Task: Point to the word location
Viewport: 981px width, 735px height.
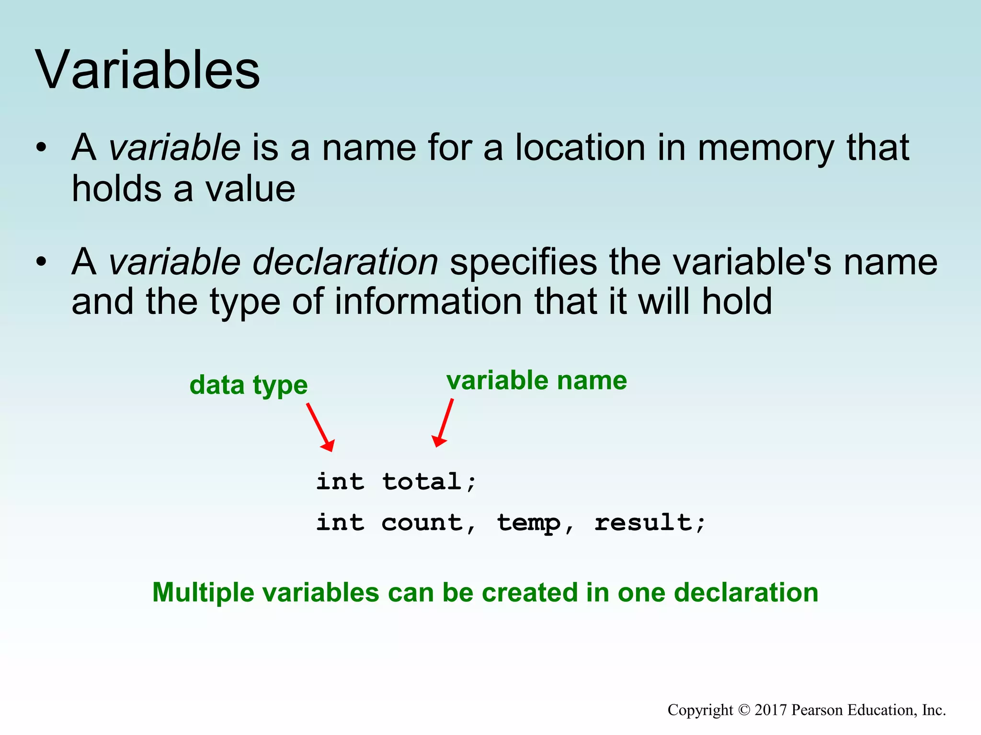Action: pos(580,148)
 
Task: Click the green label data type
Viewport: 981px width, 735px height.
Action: pos(248,386)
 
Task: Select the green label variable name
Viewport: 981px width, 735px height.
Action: pos(536,381)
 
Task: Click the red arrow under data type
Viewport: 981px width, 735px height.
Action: pos(320,427)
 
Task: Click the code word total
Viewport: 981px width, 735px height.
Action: pos(422,481)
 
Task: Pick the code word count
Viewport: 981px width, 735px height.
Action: pos(422,523)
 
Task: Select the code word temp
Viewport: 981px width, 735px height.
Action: pos(528,523)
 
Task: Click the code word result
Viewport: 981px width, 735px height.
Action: pos(643,523)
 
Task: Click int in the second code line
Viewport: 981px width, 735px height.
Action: pos(340,523)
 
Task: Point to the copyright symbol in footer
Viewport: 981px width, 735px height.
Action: pos(744,710)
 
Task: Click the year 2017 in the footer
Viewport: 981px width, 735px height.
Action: pos(771,710)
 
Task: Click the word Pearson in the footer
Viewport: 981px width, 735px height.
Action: pos(814,710)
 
